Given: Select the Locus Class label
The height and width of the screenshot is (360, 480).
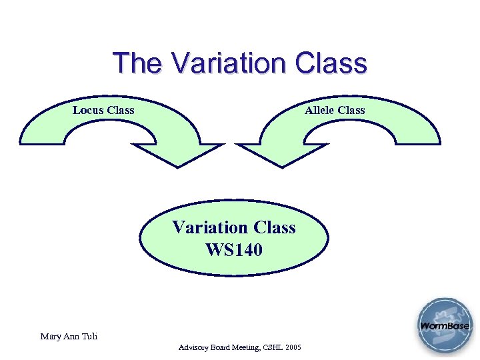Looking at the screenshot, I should pos(103,110).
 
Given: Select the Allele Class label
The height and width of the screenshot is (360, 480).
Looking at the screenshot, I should pos(335,110).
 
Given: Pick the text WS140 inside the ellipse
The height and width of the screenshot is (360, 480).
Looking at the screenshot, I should pos(234,250).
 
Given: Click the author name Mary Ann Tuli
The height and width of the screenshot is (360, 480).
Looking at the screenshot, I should pos(69,337).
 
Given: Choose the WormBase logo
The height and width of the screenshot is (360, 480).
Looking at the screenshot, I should pos(445,327).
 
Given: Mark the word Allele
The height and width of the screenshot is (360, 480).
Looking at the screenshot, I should pos(319,110).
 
